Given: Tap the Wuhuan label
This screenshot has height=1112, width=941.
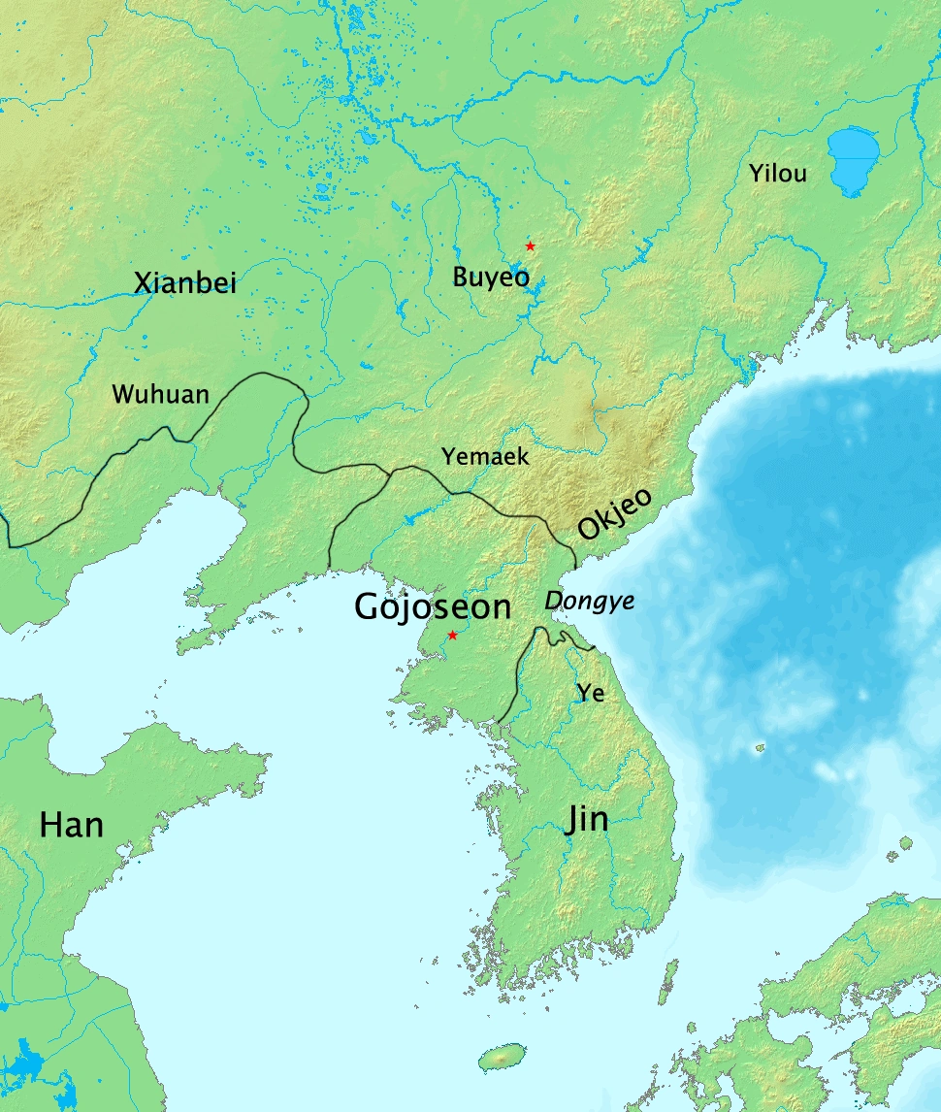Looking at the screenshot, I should pyautogui.click(x=160, y=394).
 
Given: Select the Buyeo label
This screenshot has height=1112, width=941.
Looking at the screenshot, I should pyautogui.click(x=491, y=278).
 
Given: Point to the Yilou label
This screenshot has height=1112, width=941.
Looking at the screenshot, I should pyautogui.click(x=777, y=175).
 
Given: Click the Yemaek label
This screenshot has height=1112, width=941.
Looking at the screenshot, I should pyautogui.click(x=485, y=455).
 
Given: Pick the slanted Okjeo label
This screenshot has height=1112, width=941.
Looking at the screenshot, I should pyautogui.click(x=616, y=513).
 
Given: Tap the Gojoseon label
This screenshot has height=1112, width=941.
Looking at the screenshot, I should pyautogui.click(x=433, y=606).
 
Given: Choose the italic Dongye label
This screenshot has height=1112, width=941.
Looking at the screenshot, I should pyautogui.click(x=590, y=602).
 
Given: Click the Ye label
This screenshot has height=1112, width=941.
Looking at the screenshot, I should pyautogui.click(x=590, y=692).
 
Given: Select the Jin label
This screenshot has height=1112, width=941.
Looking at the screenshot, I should pyautogui.click(x=587, y=820).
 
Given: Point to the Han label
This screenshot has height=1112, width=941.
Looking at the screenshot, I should pyautogui.click(x=71, y=825).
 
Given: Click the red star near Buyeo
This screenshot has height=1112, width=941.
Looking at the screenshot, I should pyautogui.click(x=530, y=246).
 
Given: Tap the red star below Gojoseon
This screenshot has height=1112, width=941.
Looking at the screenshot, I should pyautogui.click(x=452, y=635).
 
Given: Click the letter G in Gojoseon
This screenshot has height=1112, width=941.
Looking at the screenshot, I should pyautogui.click(x=369, y=606).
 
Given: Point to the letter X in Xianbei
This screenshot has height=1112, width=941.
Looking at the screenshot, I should pyautogui.click(x=142, y=283).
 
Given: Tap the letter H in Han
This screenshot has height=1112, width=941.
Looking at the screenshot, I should pyautogui.click(x=50, y=825).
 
